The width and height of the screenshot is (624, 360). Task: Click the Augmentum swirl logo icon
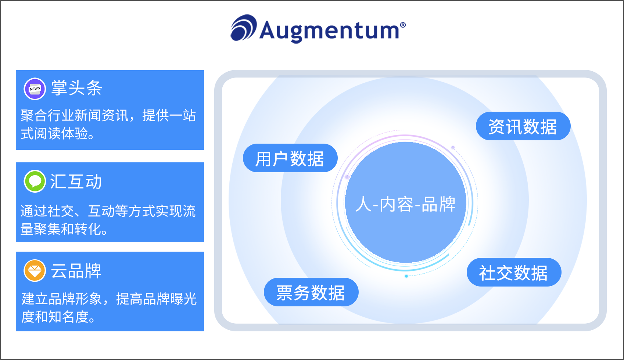coord(243,28)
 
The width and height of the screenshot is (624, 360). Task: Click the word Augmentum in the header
coord(329,30)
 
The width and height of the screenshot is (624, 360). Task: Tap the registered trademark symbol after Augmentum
coord(403,25)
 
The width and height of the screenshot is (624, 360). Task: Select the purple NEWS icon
coord(35,89)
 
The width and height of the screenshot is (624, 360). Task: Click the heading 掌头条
coord(76,88)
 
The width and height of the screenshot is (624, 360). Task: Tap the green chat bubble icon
coord(35,181)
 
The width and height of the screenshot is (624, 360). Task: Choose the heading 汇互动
coord(76,181)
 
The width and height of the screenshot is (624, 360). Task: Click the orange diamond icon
coord(35,271)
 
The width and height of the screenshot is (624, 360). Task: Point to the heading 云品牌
coord(76,271)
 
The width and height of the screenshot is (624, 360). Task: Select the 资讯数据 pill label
coord(523,126)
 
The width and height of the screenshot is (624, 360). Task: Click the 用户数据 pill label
coord(290,158)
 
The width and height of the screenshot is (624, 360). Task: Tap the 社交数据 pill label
coord(513,273)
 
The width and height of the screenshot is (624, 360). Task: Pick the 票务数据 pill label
coord(311,292)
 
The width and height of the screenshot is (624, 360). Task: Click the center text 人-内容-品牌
coord(405,204)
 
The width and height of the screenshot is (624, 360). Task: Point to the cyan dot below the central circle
coord(406,276)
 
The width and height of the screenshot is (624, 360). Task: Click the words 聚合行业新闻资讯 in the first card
coord(74,116)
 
